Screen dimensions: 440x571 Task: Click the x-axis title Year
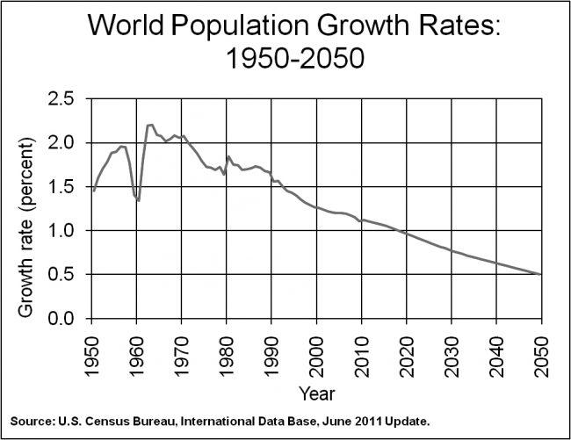[315, 392]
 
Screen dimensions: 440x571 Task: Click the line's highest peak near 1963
[150, 125]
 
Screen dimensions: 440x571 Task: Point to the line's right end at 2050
[540, 275]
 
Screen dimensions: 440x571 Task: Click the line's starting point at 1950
[93, 190]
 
